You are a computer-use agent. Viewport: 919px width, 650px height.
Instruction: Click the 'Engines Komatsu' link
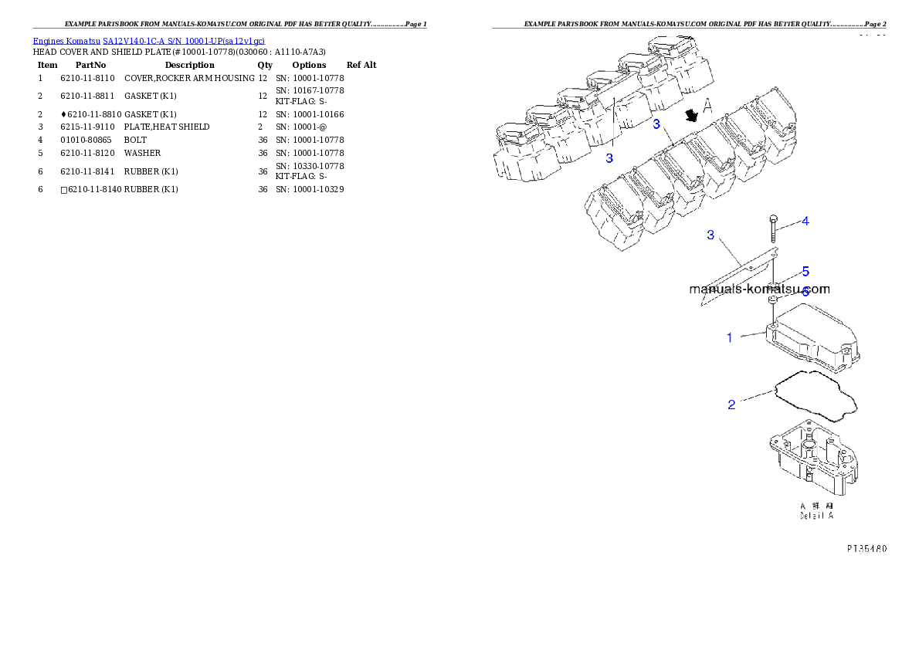[x=67, y=41]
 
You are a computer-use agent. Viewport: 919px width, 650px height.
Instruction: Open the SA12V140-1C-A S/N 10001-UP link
[x=184, y=41]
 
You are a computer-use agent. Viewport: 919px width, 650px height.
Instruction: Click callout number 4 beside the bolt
[x=805, y=222]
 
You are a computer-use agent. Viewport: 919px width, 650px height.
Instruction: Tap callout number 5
[x=805, y=272]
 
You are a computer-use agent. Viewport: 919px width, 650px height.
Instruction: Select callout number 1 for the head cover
[x=728, y=337]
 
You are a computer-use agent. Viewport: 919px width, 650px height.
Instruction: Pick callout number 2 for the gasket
[x=731, y=405]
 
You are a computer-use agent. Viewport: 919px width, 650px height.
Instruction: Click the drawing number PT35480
[x=865, y=549]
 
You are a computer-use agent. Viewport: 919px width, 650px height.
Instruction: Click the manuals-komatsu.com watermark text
[x=758, y=289]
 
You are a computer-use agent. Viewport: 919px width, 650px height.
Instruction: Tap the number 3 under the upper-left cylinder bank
[x=609, y=158]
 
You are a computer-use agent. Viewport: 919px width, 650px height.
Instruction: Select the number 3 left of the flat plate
[x=710, y=235]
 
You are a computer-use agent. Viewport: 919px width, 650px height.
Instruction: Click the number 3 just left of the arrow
[x=656, y=124]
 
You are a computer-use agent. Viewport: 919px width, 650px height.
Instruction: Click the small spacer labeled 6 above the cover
[x=772, y=298]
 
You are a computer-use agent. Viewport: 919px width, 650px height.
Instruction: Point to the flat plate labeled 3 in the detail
[x=738, y=276]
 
